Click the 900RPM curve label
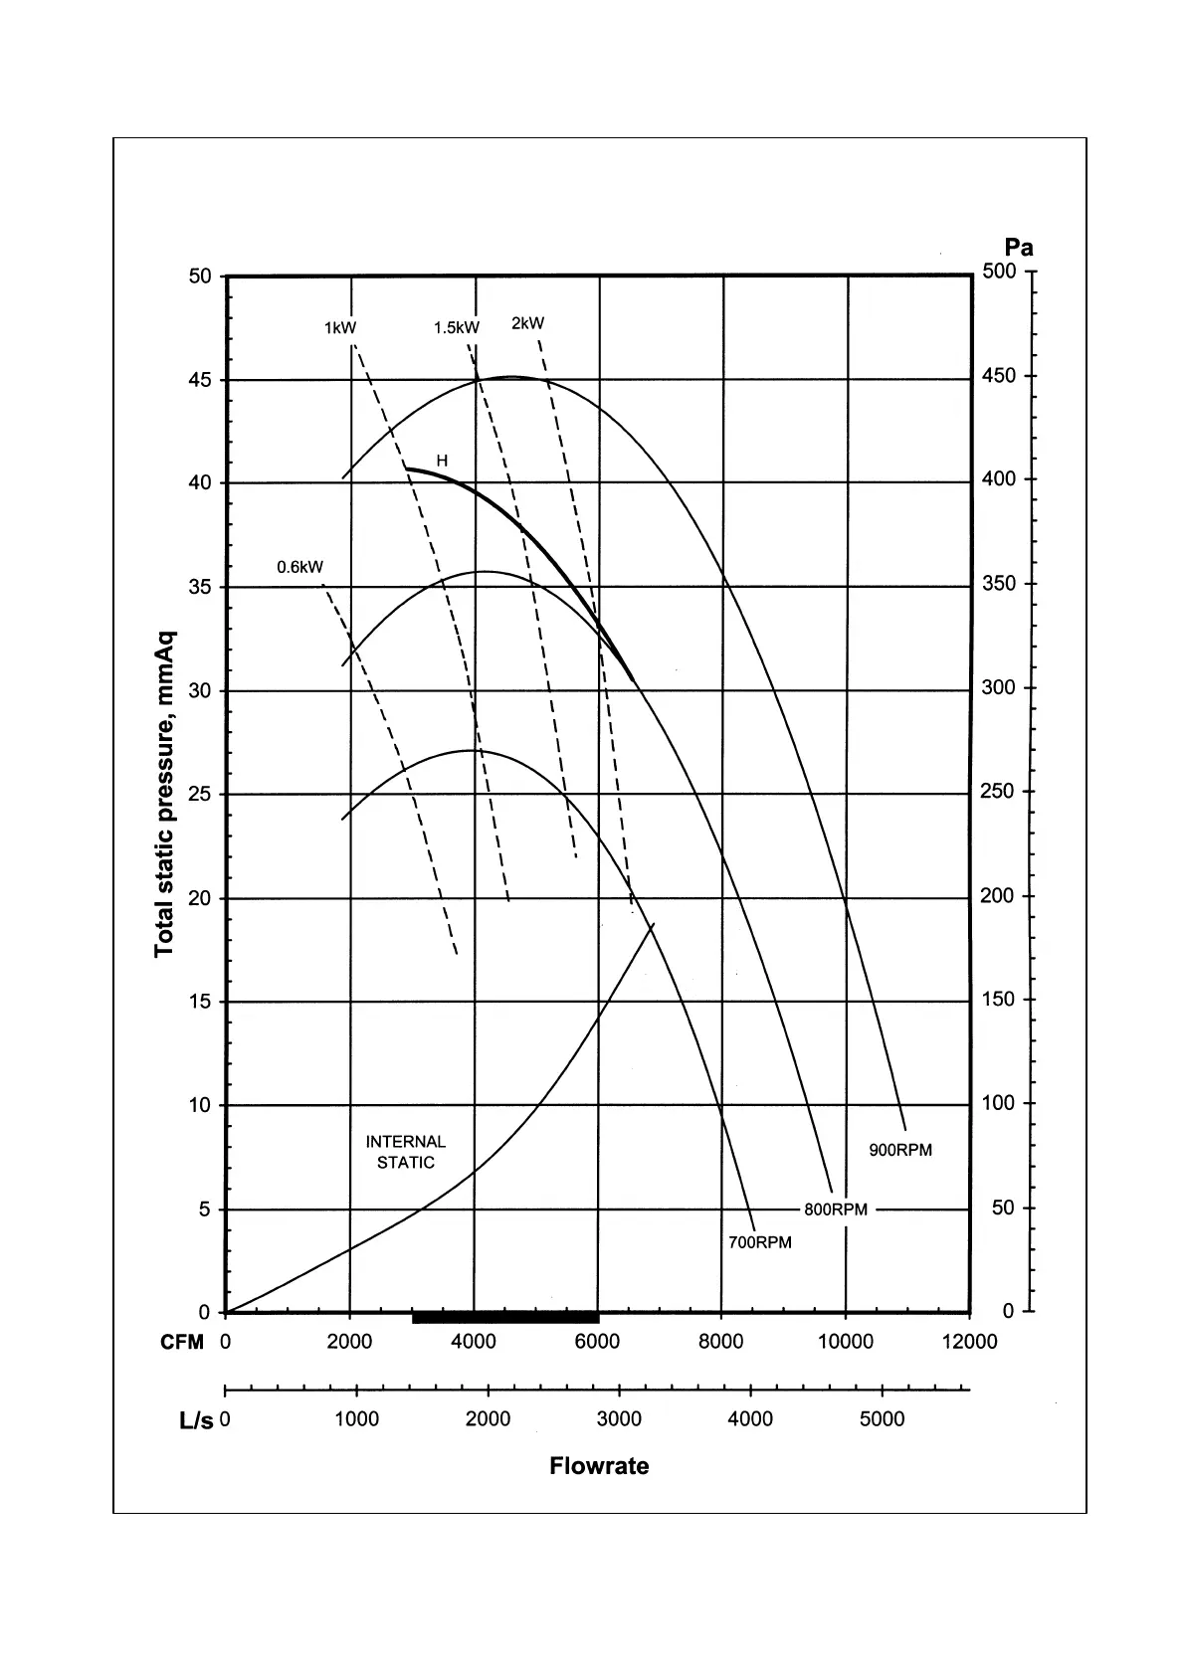coord(900,1150)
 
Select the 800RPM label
coord(836,1210)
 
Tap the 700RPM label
coord(760,1242)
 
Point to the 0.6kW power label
coord(299,567)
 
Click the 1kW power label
coord(340,327)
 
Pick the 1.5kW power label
coord(457,327)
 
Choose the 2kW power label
coord(528,323)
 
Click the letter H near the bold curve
coord(442,461)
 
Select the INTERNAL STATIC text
coord(406,1152)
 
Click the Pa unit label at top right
coord(1019,248)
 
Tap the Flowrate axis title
coord(599,1466)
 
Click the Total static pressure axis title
coord(165,794)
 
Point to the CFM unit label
coord(182,1342)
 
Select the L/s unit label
coord(196,1420)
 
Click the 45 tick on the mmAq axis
coord(201,380)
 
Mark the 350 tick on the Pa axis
coord(999,583)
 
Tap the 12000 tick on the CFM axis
coord(969,1342)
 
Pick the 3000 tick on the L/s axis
coord(619,1419)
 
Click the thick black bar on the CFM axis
coord(505,1318)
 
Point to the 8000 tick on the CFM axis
coord(721,1342)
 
